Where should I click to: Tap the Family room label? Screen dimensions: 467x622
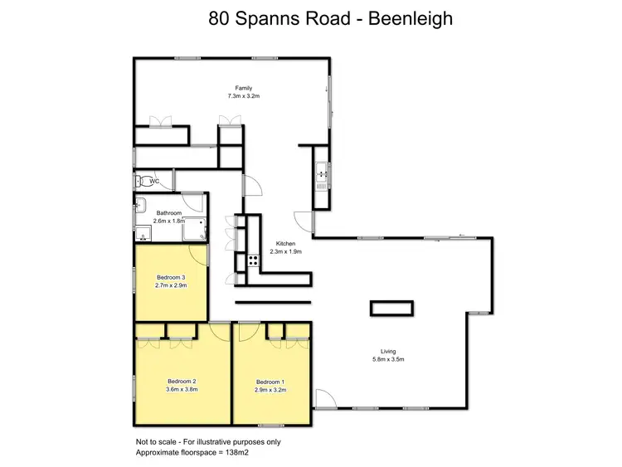pyautogui.click(x=243, y=88)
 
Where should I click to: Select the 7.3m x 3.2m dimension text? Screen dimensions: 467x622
pyautogui.click(x=244, y=96)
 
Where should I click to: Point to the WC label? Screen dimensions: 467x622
pyautogui.click(x=154, y=181)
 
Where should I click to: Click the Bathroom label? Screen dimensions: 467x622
pyautogui.click(x=168, y=213)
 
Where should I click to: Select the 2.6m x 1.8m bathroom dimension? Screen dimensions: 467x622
pyautogui.click(x=169, y=221)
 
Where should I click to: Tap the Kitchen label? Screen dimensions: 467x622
pyautogui.click(x=287, y=244)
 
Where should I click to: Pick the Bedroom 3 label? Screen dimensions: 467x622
pyautogui.click(x=170, y=277)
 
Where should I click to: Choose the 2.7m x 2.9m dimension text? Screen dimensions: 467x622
pyautogui.click(x=171, y=285)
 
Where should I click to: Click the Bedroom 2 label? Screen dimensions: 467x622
pyautogui.click(x=181, y=381)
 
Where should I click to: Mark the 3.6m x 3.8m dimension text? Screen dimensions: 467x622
pyautogui.click(x=181, y=389)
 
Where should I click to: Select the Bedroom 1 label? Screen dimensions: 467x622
pyautogui.click(x=270, y=381)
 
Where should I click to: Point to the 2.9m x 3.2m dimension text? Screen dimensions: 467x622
pyautogui.click(x=270, y=389)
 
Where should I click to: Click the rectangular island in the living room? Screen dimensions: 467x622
pyautogui.click(x=391, y=308)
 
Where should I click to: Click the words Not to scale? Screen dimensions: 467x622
pyautogui.click(x=155, y=441)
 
